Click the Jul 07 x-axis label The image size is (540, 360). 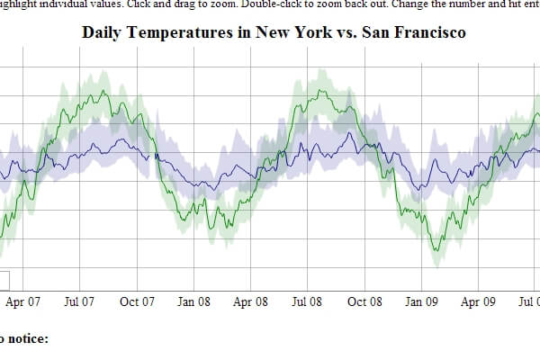click(79, 302)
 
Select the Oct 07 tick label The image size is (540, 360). click(137, 302)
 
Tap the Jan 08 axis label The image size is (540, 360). click(193, 302)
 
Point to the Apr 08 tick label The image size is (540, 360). click(249, 302)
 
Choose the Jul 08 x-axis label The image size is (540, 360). click(306, 302)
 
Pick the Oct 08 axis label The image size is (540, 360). click(364, 302)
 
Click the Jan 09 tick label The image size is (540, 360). click(420, 302)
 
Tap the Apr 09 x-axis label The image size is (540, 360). click(478, 302)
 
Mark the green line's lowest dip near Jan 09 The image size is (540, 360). click(435, 251)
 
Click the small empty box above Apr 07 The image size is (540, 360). click(4, 279)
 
